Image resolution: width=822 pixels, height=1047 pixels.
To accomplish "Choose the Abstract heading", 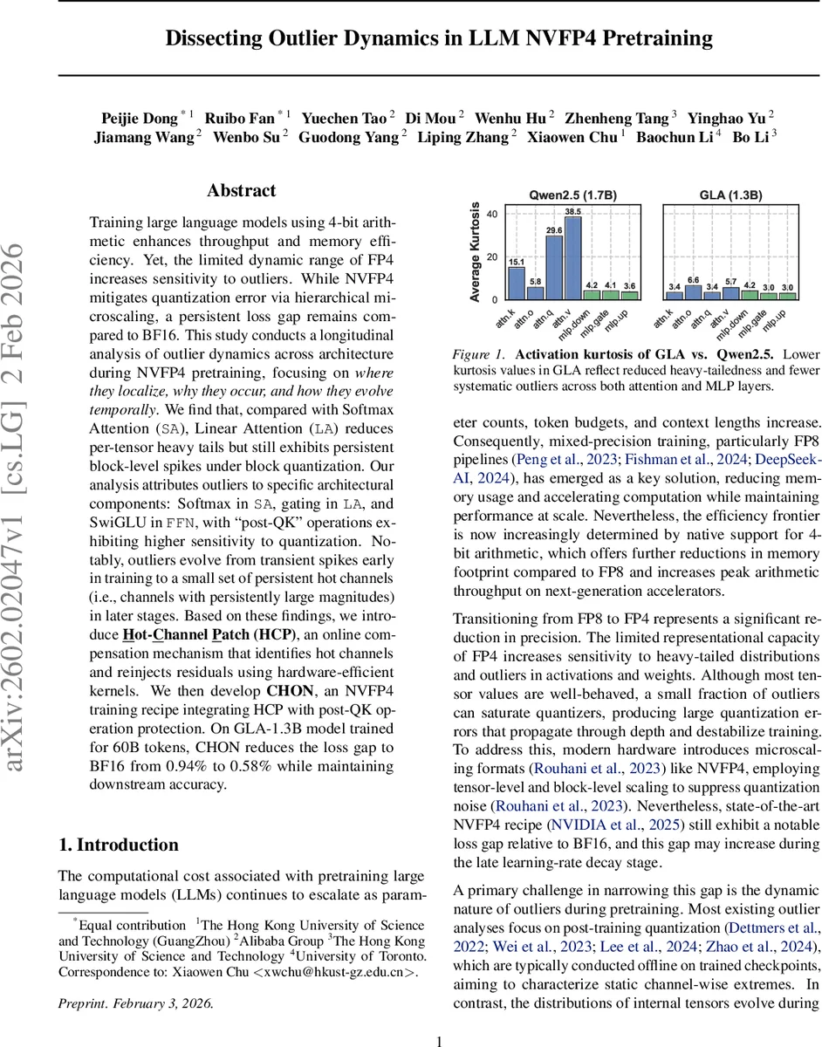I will [242, 190].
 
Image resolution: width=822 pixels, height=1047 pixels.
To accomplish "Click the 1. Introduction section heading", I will [118, 845].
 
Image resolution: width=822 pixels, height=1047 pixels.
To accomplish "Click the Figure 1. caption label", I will [480, 354].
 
